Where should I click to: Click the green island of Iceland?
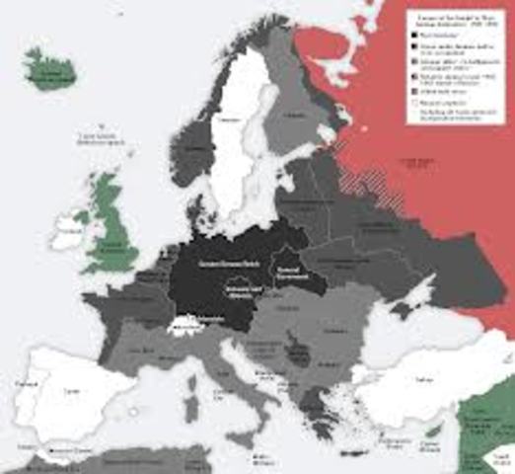point(50,71)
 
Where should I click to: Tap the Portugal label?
point(19,381)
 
